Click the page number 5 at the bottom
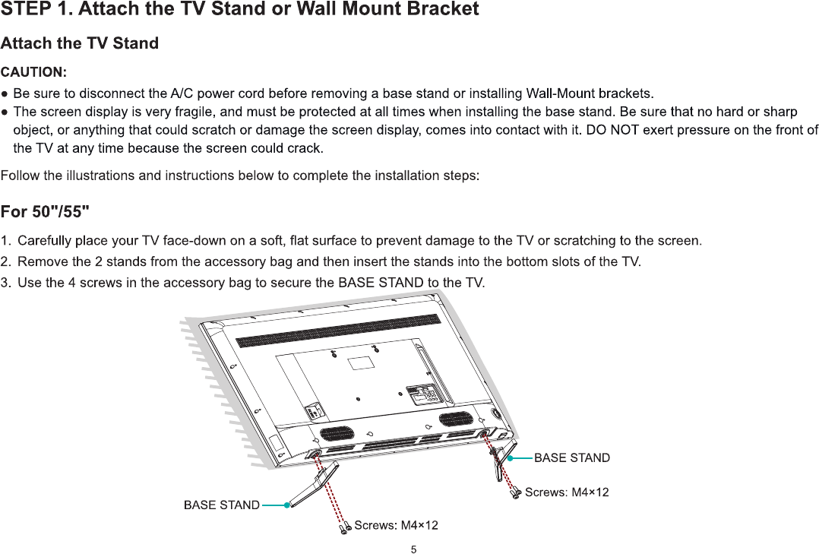click(x=413, y=548)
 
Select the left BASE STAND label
click(x=221, y=505)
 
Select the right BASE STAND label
click(x=572, y=457)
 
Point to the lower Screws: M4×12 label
click(x=396, y=525)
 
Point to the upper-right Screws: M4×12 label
click(x=567, y=492)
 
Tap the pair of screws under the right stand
click(x=515, y=493)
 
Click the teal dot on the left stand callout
click(x=287, y=505)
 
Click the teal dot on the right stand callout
click(x=511, y=458)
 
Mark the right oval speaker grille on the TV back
click(x=456, y=419)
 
